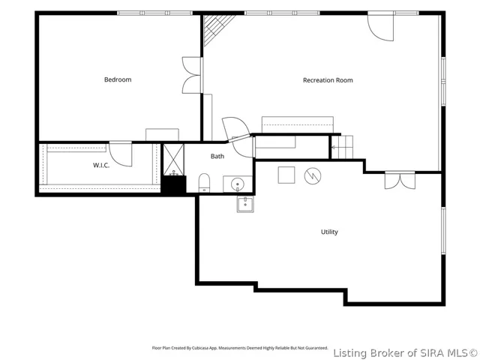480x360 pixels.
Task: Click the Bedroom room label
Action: click(x=118, y=79)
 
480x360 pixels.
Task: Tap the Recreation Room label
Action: click(x=328, y=80)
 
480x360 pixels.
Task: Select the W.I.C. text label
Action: click(x=101, y=165)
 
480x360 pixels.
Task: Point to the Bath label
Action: click(x=217, y=156)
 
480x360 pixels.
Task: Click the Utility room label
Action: click(x=329, y=232)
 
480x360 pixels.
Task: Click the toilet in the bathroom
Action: click(x=204, y=183)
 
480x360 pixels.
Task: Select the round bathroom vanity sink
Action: click(x=238, y=184)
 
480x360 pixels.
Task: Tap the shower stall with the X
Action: click(x=173, y=160)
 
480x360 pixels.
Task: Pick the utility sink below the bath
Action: click(x=245, y=204)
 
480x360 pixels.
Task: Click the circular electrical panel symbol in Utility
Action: click(x=313, y=176)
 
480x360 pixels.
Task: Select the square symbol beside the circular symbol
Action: click(x=286, y=175)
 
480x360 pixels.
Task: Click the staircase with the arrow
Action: click(x=342, y=147)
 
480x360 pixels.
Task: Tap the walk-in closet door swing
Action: click(x=121, y=154)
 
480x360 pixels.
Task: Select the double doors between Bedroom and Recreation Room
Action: click(x=192, y=75)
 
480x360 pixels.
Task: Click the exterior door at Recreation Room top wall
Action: click(x=380, y=27)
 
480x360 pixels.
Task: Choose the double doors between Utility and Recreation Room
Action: click(x=400, y=180)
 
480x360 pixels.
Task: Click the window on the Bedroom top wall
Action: click(x=155, y=13)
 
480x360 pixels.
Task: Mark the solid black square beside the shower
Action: click(x=173, y=185)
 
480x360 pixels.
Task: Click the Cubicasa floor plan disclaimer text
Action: click(x=240, y=348)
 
